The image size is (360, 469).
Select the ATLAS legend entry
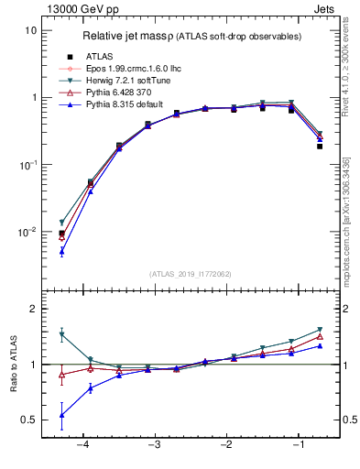(x=107, y=56)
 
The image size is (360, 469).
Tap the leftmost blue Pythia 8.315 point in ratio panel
(x=61, y=415)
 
